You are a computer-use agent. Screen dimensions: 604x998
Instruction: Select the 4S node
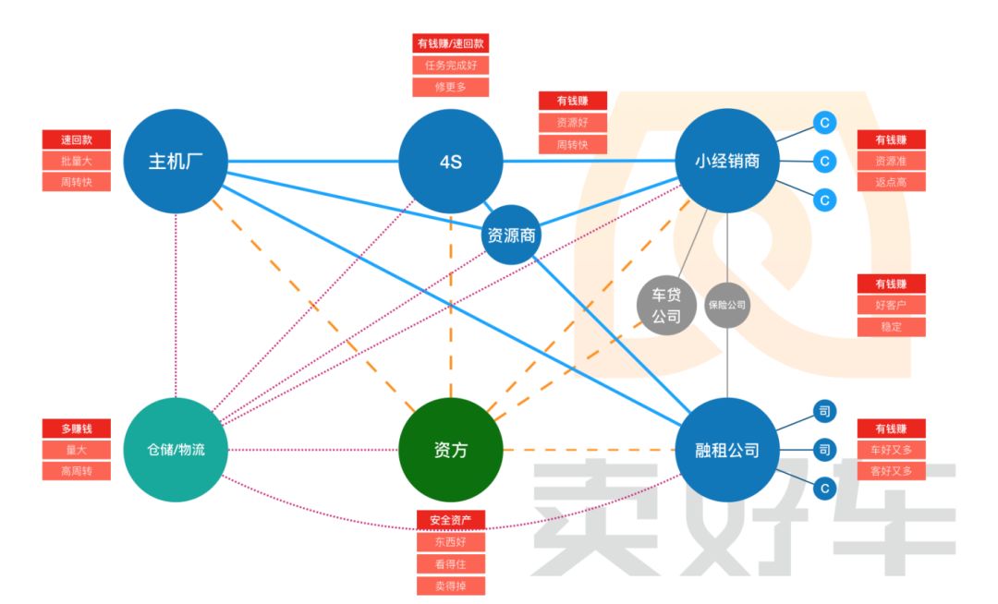451,162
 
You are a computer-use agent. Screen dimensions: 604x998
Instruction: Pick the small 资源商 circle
511,236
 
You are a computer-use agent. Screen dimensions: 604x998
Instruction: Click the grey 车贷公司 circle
666,306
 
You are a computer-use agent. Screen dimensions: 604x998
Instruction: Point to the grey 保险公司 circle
727,304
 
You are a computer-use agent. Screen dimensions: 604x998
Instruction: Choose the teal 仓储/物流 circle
176,450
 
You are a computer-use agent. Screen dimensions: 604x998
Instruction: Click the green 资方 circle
451,450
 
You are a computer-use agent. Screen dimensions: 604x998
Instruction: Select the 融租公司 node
727,450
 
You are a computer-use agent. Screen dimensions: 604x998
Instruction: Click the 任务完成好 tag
450,66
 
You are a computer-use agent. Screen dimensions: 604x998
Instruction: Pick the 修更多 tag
450,88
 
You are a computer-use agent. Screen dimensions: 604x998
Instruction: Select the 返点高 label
891,182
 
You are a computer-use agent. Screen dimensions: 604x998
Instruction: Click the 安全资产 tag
451,520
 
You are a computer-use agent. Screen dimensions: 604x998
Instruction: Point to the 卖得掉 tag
451,586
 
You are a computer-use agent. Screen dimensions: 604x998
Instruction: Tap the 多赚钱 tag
77,429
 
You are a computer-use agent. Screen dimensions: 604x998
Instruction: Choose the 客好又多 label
891,471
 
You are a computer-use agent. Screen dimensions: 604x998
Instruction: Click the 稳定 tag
891,327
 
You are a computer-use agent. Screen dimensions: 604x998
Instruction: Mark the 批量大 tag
77,161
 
